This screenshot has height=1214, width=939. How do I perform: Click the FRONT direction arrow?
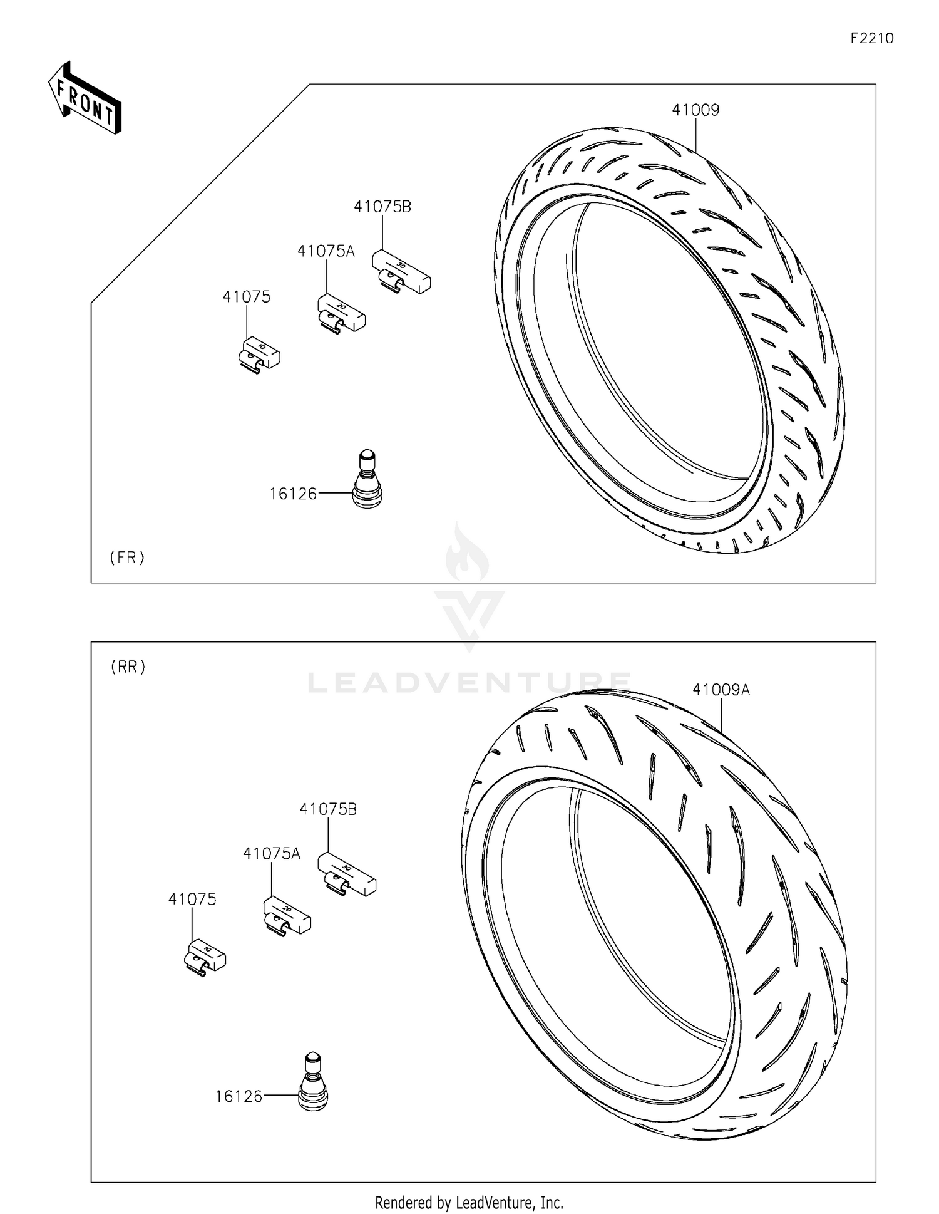(85, 98)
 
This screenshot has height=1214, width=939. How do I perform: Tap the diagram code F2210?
(871, 38)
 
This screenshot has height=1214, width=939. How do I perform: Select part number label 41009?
(695, 110)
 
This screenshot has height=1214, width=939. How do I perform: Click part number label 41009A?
(721, 690)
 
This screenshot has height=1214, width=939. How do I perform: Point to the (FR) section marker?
(127, 558)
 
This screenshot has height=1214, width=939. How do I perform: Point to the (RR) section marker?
(128, 667)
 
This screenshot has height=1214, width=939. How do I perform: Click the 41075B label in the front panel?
(382, 207)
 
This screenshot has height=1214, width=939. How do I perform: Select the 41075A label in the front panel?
(326, 252)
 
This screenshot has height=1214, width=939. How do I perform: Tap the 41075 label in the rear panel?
(192, 900)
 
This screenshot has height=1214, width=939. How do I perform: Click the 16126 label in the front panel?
(293, 494)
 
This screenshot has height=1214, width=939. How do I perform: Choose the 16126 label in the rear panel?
(239, 1097)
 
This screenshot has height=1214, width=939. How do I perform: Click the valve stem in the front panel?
(367, 479)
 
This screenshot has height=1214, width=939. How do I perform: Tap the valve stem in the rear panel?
(312, 1082)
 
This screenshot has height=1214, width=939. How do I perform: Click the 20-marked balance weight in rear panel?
(287, 916)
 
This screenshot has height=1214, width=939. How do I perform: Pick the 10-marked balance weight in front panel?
(260, 355)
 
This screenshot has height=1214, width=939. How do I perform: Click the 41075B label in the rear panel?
(328, 809)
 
